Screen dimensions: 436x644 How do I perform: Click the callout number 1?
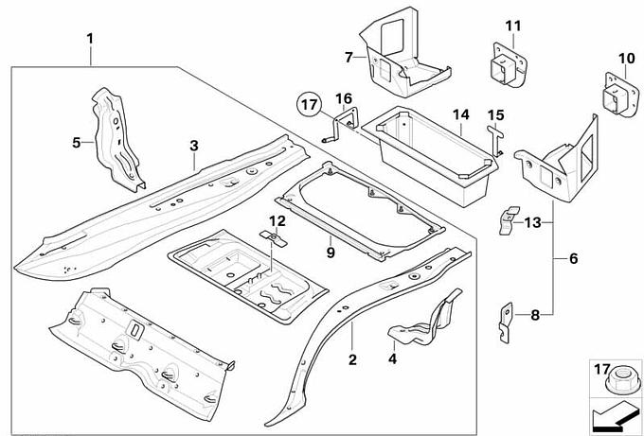90,39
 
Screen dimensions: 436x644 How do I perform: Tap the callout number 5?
78,143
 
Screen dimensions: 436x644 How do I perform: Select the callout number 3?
193,146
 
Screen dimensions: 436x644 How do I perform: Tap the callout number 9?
331,252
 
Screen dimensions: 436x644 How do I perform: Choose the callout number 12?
276,220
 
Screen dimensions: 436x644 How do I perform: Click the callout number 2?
352,360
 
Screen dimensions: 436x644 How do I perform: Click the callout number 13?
533,222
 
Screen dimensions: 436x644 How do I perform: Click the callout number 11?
512,25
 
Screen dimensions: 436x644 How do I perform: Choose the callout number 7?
349,57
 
